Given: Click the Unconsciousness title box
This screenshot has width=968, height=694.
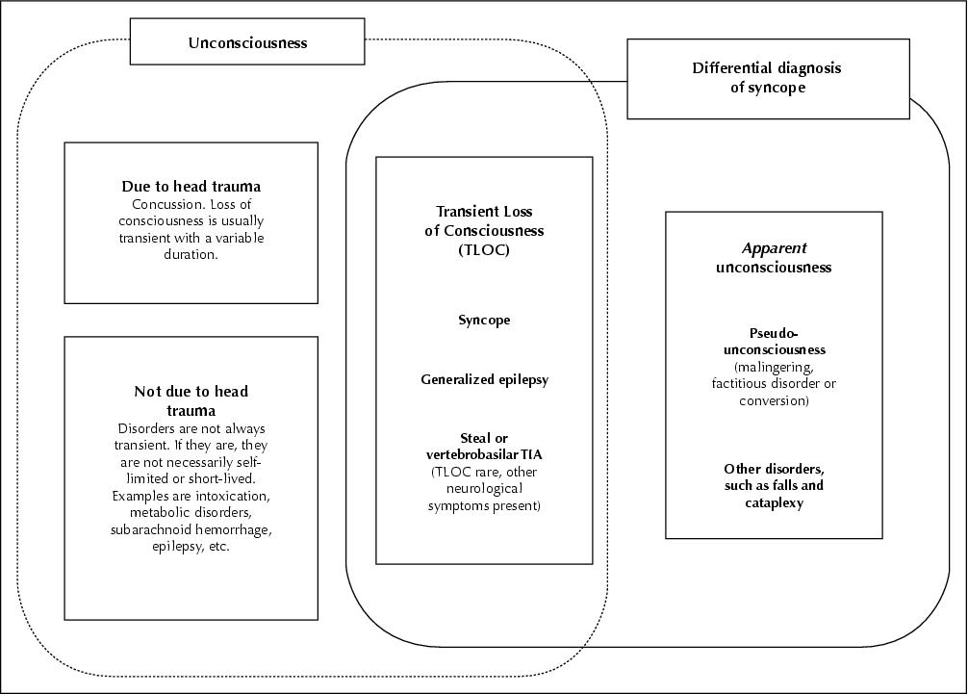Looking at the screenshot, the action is [247, 41].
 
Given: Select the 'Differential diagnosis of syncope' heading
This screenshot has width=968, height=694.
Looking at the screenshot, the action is [766, 77].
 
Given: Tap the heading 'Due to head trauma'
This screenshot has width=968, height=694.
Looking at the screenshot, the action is [191, 187].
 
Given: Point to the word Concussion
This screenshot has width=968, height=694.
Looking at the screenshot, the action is [160, 204].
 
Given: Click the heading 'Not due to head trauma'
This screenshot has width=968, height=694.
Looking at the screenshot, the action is [191, 400].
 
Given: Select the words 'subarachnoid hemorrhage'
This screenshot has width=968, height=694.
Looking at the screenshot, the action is [191, 529].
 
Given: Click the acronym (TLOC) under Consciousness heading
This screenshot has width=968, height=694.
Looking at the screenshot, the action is [484, 250].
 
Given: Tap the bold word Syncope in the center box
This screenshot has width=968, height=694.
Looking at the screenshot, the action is [484, 321].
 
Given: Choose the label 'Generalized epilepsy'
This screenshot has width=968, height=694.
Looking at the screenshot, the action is [484, 379].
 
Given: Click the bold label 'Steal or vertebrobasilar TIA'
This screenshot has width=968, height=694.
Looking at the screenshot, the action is [484, 447].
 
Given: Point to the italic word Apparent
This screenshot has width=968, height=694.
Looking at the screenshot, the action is [775, 249].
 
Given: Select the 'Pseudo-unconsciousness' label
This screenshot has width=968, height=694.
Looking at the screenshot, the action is [775, 342].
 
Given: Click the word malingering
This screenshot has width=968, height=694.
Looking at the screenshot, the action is [775, 368].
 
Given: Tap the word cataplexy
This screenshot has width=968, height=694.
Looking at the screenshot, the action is [775, 503].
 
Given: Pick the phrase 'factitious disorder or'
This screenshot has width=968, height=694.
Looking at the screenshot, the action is [775, 383].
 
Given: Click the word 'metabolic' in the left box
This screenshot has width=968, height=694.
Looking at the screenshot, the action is [160, 512].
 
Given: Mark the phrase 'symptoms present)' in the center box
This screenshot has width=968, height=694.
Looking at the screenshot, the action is [484, 506].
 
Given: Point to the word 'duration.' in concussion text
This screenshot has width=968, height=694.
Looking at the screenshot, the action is [191, 254].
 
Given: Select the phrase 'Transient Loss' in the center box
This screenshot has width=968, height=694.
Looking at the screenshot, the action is [484, 212].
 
